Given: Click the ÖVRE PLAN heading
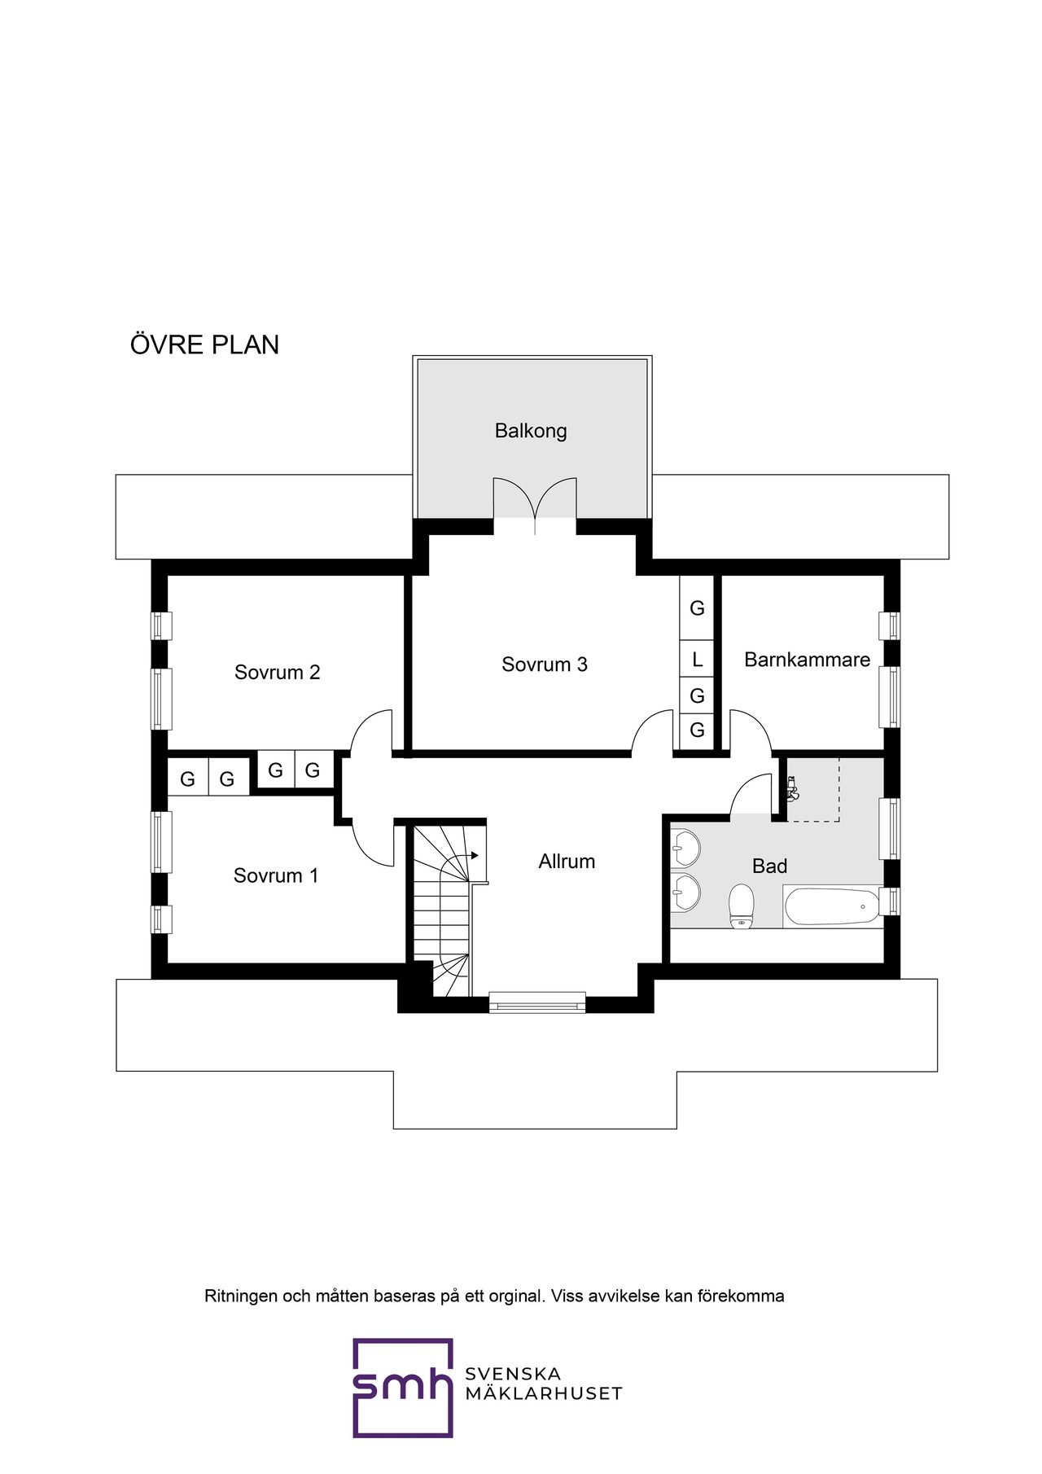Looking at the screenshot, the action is [x=204, y=344].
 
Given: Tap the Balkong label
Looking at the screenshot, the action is [x=531, y=431].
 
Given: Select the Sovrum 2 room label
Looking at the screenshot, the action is [x=277, y=672].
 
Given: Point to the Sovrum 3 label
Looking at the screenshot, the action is [x=544, y=665].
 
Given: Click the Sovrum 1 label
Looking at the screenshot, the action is [x=275, y=875].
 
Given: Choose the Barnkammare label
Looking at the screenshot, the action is [x=807, y=660].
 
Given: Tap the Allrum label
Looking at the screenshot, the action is [x=567, y=862].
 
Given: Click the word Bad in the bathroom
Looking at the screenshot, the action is [x=769, y=866].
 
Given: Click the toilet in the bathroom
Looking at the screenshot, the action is [x=741, y=906].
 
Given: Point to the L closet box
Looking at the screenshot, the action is [x=697, y=659].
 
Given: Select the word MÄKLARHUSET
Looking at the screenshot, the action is [x=543, y=1393].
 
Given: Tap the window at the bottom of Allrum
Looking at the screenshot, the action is [x=537, y=1002].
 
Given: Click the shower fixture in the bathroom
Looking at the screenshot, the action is [x=791, y=788].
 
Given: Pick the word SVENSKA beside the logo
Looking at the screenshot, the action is [x=513, y=1374].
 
